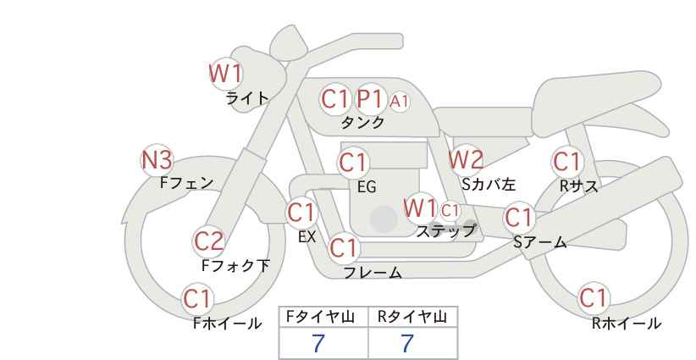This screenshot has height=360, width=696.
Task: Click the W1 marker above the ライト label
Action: (x=226, y=73)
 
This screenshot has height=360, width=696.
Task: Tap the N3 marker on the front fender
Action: (x=157, y=160)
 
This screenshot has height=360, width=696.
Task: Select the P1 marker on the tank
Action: (x=369, y=99)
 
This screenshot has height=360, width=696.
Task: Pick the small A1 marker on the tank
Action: (x=399, y=102)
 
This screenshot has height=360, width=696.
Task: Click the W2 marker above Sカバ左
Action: (x=465, y=160)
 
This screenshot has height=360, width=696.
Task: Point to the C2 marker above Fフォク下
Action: (x=209, y=241)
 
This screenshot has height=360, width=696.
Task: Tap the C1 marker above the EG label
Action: (x=353, y=163)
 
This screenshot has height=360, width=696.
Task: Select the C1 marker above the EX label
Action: (x=301, y=213)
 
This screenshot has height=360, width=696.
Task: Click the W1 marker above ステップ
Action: (x=420, y=208)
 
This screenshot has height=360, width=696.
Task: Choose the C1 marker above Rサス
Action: (x=567, y=162)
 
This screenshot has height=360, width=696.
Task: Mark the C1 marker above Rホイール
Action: (x=594, y=298)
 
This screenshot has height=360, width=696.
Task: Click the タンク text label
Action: (x=362, y=122)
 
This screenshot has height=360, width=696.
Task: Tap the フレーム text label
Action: (x=373, y=273)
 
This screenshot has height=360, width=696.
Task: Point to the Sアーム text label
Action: (x=540, y=242)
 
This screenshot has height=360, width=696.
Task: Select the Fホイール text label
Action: (x=227, y=324)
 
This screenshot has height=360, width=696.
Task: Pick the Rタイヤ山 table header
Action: (x=412, y=317)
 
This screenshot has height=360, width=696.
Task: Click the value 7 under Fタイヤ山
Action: (x=318, y=344)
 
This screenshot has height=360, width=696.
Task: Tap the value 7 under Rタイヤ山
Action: (x=407, y=344)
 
